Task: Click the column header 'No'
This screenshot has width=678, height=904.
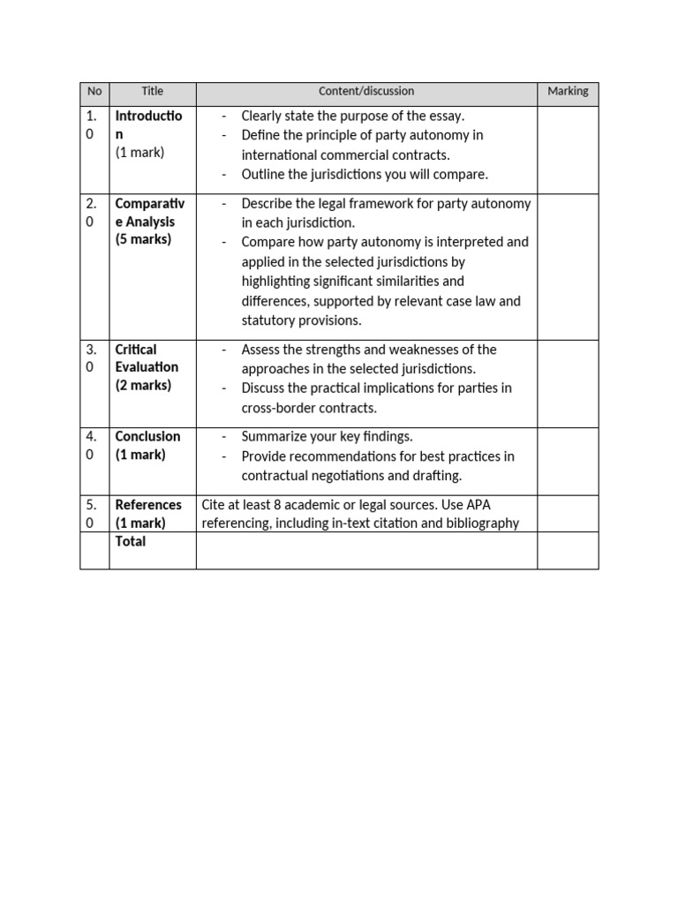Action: pos(94,92)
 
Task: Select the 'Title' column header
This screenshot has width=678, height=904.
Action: pos(153,92)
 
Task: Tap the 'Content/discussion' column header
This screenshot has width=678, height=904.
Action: pos(366,92)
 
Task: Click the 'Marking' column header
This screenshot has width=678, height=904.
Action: pos(568,92)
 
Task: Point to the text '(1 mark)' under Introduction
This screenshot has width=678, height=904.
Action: pos(139,153)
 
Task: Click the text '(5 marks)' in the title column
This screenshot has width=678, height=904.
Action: pos(143,240)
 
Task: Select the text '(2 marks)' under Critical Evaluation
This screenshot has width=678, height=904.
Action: pos(143,386)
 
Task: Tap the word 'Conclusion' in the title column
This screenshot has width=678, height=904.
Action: pos(147,437)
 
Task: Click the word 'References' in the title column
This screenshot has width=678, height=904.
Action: pos(148,505)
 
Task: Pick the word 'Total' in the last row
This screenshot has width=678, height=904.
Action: pos(131,542)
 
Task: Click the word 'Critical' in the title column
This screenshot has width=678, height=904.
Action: pos(135,350)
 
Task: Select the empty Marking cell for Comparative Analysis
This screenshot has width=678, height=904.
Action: pos(568,264)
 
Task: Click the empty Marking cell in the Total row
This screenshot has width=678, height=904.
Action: pos(568,550)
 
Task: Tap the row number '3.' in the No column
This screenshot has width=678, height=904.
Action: pos(91,350)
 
